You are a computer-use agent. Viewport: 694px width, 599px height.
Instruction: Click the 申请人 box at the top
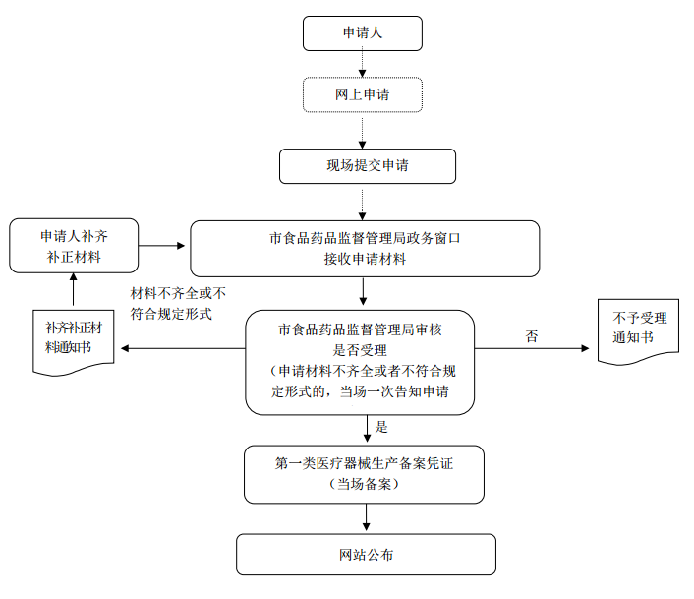[363, 33]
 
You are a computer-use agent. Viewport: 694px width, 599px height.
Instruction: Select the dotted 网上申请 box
[363, 95]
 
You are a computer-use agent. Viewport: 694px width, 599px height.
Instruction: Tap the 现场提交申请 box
[368, 165]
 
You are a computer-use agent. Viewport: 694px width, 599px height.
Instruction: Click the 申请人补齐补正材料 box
[73, 247]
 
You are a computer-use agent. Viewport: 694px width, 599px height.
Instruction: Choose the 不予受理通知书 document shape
[639, 329]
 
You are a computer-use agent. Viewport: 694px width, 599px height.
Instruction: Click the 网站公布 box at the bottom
[366, 555]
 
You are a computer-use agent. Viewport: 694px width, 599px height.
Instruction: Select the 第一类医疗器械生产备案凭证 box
[365, 474]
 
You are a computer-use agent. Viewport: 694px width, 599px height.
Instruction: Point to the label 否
[532, 336]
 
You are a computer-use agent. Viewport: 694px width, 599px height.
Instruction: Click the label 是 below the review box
[383, 427]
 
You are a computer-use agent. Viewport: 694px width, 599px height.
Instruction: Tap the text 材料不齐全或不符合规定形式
[178, 303]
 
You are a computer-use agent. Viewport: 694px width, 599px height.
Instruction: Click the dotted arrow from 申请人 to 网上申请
[363, 64]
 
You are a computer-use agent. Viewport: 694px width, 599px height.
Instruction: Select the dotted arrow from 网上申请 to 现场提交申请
[363, 131]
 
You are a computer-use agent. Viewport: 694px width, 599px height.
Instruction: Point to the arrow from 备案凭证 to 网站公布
[366, 518]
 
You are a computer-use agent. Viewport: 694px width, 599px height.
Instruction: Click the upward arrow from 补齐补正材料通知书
[73, 290]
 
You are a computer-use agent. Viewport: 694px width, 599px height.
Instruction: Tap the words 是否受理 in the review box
[359, 349]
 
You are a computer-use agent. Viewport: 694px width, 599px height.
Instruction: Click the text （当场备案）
[365, 485]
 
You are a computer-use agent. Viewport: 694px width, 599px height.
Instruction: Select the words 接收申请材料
[365, 259]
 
